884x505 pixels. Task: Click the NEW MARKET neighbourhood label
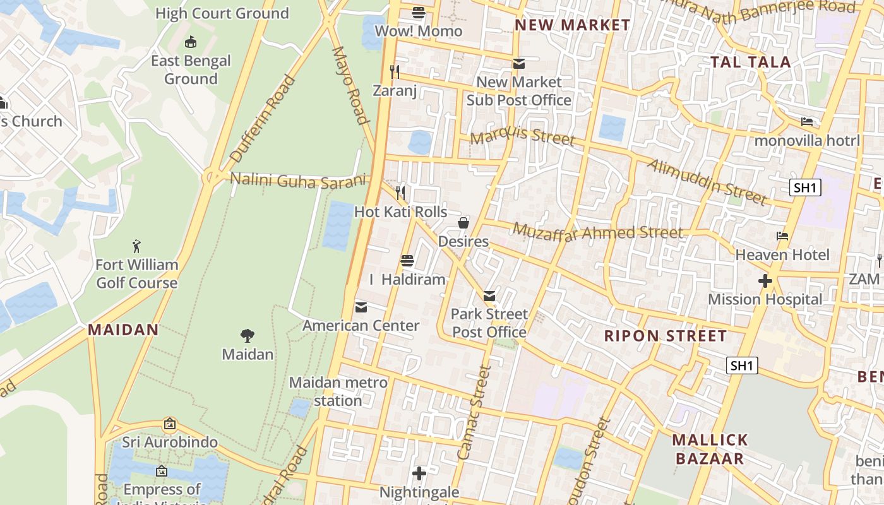click(x=572, y=25)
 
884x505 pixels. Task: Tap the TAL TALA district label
click(x=750, y=62)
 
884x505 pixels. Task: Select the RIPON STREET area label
click(x=666, y=336)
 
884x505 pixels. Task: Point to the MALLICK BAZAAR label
click(x=710, y=449)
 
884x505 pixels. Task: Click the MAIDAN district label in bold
click(x=123, y=330)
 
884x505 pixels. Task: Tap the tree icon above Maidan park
click(x=248, y=336)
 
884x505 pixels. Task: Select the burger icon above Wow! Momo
click(x=418, y=13)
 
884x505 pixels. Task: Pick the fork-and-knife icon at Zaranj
click(x=395, y=72)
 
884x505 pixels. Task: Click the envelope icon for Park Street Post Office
click(x=489, y=295)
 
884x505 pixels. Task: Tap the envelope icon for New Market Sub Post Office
click(x=519, y=64)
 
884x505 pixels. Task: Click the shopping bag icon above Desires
click(x=463, y=223)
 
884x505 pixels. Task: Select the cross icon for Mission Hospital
click(x=765, y=281)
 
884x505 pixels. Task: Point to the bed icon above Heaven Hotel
click(x=782, y=236)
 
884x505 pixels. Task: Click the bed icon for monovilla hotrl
click(x=807, y=121)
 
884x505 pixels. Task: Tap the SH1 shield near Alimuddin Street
click(x=805, y=187)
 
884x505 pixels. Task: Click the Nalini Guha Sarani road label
click(x=297, y=180)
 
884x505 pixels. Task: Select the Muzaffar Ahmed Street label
click(x=597, y=232)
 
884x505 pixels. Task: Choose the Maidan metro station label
click(x=338, y=391)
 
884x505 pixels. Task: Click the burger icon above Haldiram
click(x=407, y=261)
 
